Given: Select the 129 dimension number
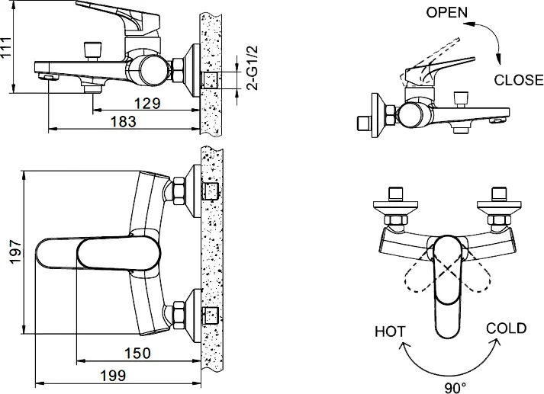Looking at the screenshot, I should click(144, 103).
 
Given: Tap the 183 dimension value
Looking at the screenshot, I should click(123, 121).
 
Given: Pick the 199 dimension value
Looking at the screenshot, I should click(112, 376).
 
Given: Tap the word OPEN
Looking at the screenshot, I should click(447, 12).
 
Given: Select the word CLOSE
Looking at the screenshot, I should click(519, 79).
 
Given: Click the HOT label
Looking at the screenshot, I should click(390, 332).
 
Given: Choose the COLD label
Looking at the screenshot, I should click(506, 328).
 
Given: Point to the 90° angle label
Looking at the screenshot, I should click(455, 387).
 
